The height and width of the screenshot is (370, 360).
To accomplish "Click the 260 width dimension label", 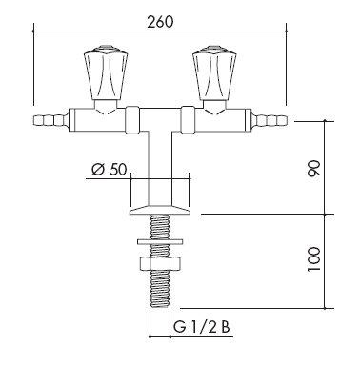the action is pos(160,22).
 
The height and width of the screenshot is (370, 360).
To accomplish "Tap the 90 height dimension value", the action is pos(314,169).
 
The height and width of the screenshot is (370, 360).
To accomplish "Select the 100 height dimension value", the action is pos(314,259).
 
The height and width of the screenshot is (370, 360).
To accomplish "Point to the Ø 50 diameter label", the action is pos(110,170).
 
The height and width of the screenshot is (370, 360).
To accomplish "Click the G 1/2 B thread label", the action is pos(202,327).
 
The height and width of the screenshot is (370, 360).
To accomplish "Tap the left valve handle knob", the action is pos(106,72).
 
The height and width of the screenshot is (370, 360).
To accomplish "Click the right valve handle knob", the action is pos(215,72).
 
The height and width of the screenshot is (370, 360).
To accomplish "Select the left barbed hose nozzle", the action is pos(50,121).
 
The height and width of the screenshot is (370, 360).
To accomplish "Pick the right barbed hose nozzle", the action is pos(270,121).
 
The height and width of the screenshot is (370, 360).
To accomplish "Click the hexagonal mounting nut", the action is pos(160,263).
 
